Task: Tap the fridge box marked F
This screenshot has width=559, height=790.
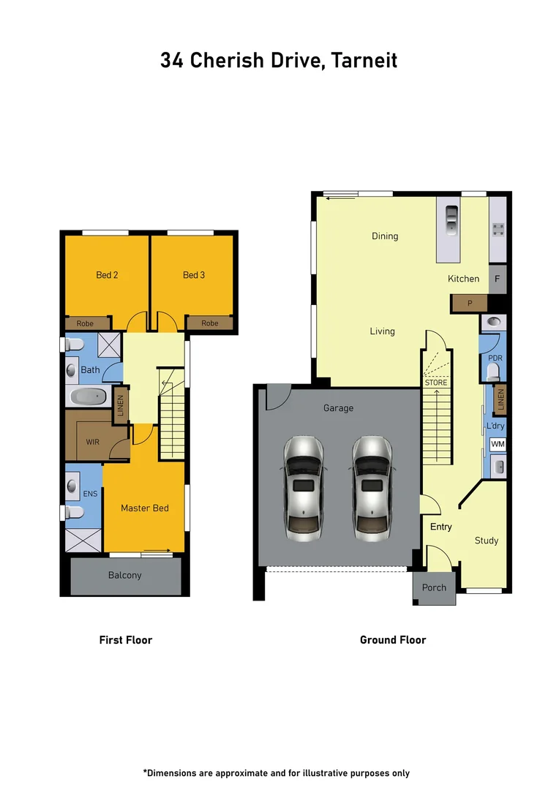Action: tap(498, 279)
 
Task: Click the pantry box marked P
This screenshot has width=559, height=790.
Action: tap(470, 303)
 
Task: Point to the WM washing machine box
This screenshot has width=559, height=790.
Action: tap(498, 444)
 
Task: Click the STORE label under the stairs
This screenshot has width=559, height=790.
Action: tap(436, 383)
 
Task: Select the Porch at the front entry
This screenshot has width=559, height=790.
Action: tap(434, 587)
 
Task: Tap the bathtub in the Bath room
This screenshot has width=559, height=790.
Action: tap(89, 396)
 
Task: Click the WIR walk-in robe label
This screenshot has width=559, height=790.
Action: tap(92, 442)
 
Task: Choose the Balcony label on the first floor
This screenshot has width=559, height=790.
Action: tap(124, 575)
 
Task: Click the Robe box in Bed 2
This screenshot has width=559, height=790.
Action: tap(86, 323)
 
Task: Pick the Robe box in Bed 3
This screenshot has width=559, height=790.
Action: tap(210, 323)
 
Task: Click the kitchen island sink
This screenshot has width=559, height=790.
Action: tap(451, 219)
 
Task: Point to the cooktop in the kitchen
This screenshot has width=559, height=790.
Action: tap(499, 230)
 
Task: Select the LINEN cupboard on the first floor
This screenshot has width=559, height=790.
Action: tap(121, 407)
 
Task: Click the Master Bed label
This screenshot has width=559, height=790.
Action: tap(145, 508)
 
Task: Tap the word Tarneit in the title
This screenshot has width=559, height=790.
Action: tap(364, 60)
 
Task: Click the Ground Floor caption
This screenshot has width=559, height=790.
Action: tap(393, 639)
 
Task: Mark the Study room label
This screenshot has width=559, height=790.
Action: tap(487, 541)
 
